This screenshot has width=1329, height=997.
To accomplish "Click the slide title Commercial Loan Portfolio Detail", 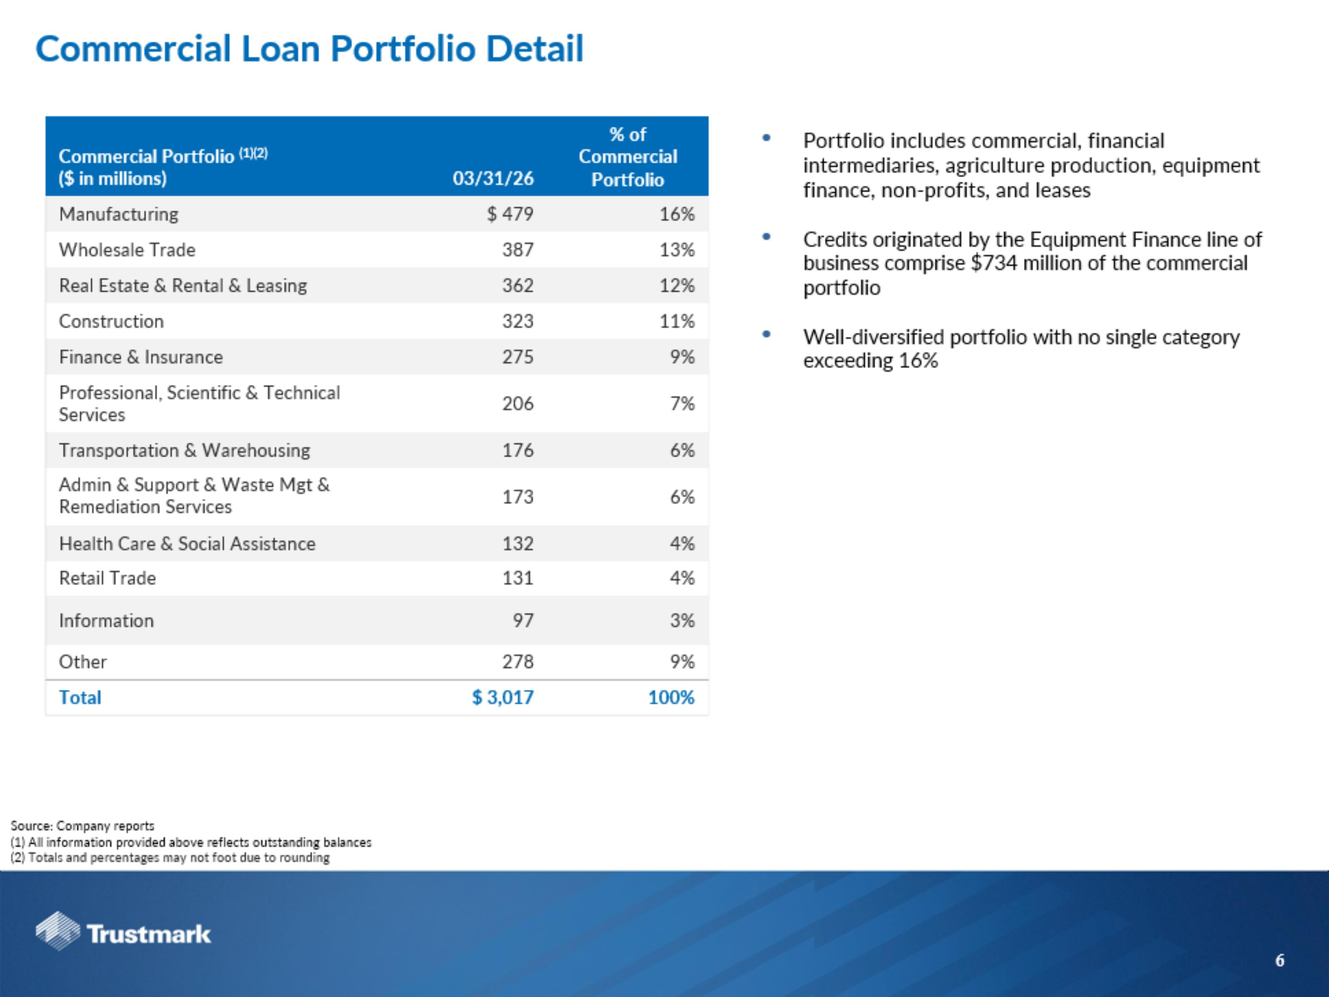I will [x=309, y=49].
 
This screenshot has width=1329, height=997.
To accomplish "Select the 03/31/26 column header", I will [x=493, y=179].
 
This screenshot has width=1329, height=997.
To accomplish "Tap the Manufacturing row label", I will [x=118, y=214].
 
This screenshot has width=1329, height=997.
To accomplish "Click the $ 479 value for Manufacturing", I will [x=509, y=214].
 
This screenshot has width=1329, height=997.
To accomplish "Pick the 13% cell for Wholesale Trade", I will [x=676, y=249].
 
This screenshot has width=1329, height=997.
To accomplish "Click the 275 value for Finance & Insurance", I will [x=517, y=357].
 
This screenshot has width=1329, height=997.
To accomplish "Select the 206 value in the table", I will [x=517, y=403].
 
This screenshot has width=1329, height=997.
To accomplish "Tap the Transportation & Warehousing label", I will [x=184, y=450].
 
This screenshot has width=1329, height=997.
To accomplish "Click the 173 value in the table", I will [x=517, y=497].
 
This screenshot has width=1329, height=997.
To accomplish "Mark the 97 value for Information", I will [x=523, y=620].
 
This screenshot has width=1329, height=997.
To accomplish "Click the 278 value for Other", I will [x=517, y=662].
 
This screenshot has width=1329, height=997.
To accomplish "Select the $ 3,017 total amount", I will [x=502, y=697].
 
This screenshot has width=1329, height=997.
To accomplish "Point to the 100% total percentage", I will [x=671, y=697].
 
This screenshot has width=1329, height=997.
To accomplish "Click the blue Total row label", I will [x=80, y=697].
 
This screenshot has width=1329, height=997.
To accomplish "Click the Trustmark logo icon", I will [x=57, y=931].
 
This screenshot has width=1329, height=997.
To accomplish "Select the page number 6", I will [x=1280, y=960].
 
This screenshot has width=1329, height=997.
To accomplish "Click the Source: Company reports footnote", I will [x=82, y=826].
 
